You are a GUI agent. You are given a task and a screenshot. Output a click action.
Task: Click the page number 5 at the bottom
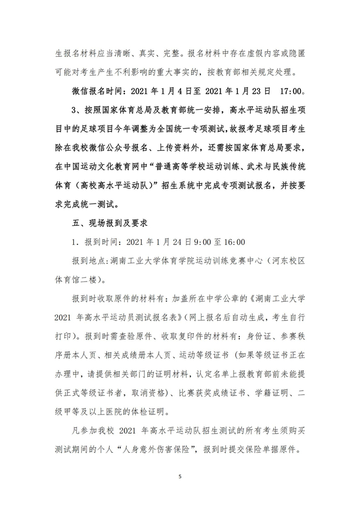180,476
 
